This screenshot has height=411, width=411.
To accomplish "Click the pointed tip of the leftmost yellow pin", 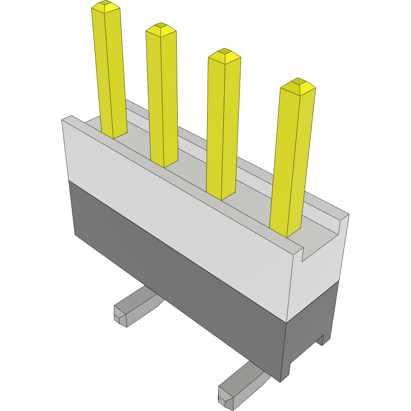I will click(x=106, y=6).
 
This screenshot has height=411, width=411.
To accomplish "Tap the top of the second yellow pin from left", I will click(x=161, y=29).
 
